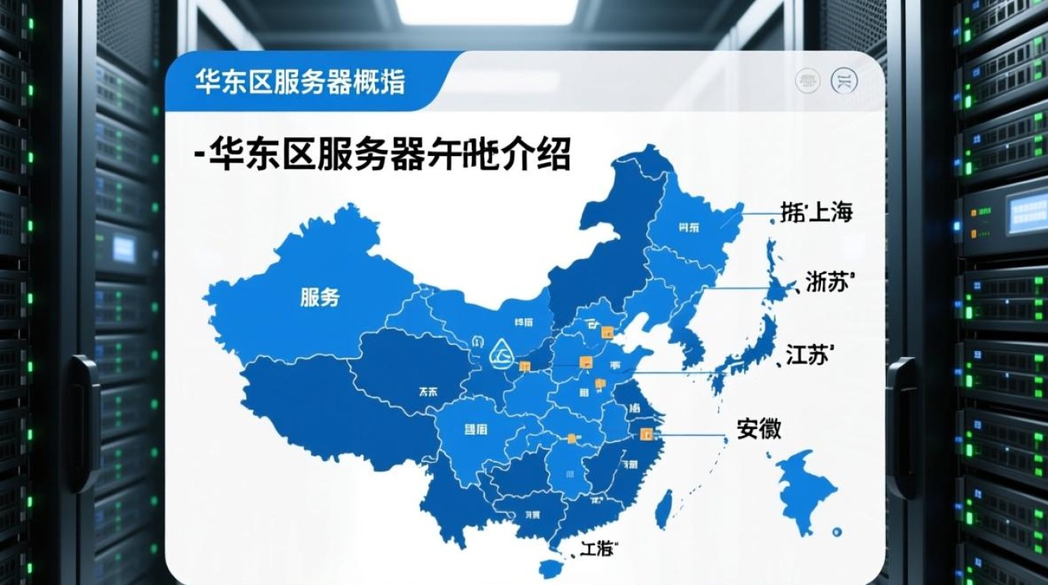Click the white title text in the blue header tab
(300, 82)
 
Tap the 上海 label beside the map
(830, 213)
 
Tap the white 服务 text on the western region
(320, 296)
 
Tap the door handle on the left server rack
(81, 422)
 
